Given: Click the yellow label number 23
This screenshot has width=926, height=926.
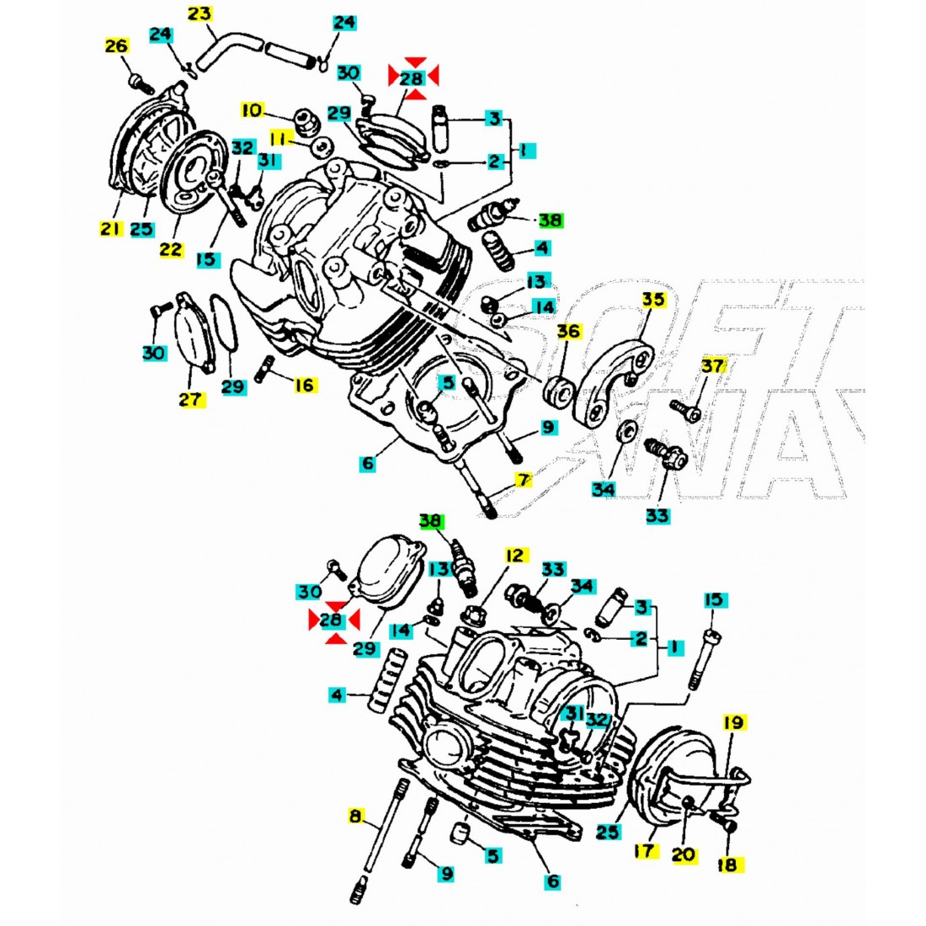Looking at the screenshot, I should (x=200, y=14).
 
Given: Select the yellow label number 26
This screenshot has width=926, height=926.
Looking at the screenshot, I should (x=117, y=46).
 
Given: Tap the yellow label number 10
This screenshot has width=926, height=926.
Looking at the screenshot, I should (x=253, y=110).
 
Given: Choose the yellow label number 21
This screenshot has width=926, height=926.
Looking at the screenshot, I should (x=111, y=228).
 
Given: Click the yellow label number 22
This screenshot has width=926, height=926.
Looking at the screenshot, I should (x=171, y=249).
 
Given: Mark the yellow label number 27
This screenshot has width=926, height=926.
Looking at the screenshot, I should (x=191, y=400).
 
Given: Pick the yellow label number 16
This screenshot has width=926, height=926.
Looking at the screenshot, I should (x=305, y=385).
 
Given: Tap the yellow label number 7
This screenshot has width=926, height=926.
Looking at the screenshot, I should (x=524, y=481).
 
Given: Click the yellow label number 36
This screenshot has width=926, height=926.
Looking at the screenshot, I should (x=569, y=332).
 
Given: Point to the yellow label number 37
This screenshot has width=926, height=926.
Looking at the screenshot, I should (x=712, y=365).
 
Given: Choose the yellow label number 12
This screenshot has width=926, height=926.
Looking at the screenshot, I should (x=515, y=556).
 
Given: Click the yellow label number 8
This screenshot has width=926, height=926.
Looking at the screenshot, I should (x=356, y=816).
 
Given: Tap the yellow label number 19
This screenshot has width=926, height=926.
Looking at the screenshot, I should (x=732, y=722).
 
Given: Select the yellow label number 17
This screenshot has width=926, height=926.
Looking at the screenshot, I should (x=645, y=851).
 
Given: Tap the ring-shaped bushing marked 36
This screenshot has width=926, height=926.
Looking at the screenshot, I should (x=559, y=391).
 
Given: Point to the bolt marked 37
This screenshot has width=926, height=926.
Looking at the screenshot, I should (x=684, y=410).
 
